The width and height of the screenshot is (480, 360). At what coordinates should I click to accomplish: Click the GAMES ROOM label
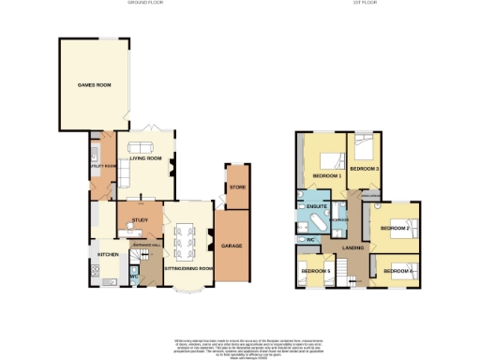[94, 85]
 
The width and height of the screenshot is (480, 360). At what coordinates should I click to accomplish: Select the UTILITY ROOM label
[102, 166]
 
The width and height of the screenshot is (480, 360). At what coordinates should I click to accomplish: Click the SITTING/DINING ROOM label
[188, 267]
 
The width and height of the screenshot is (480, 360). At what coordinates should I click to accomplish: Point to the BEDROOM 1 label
[326, 175]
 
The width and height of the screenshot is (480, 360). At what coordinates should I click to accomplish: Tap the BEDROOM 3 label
[364, 169]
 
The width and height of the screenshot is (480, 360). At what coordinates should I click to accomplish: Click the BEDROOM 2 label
[396, 228]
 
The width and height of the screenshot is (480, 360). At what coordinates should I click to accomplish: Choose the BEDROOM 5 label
[316, 272]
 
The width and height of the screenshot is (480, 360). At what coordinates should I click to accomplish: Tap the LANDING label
[353, 247]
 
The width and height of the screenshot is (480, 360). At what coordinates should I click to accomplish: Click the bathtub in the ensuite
[312, 226]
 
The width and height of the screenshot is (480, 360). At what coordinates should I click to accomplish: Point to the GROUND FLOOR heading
[146, 4]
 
